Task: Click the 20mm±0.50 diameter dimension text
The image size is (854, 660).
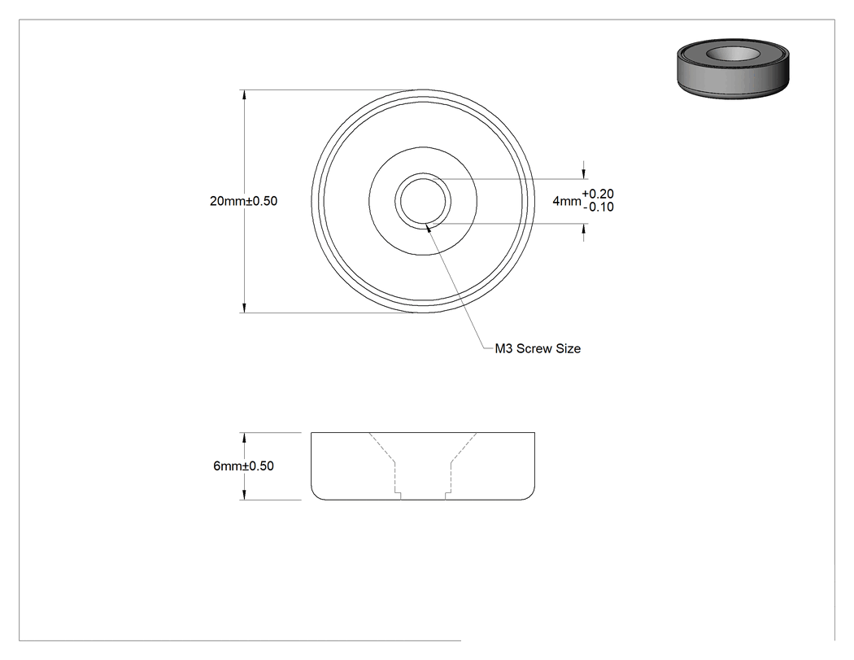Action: tap(243, 201)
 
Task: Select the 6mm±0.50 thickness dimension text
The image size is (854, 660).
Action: tap(243, 466)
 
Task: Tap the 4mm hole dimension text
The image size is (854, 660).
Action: tap(567, 201)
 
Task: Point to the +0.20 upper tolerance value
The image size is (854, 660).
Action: tap(598, 194)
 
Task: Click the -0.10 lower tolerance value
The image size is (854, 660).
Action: tap(598, 207)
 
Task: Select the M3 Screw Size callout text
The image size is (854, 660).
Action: tap(538, 349)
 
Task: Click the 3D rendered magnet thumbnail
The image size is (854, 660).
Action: tap(733, 68)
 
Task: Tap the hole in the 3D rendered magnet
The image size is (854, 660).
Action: tap(733, 54)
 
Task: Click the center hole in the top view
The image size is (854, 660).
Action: tap(423, 201)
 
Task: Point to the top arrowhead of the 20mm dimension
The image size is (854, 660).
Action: tap(244, 95)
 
